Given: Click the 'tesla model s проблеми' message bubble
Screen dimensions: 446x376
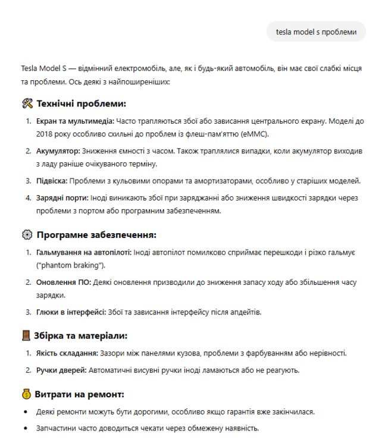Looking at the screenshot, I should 315,32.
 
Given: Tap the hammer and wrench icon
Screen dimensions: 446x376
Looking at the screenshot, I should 26,103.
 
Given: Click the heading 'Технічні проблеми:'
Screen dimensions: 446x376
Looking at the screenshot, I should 82,103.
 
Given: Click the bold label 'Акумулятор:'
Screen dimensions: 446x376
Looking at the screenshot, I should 58,151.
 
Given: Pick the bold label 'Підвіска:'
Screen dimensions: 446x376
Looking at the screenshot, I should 52,180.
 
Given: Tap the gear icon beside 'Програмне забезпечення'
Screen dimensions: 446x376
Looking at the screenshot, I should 26,235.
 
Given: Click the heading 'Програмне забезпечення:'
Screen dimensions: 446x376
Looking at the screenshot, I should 96,235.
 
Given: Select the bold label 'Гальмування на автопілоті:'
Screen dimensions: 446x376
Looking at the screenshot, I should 84,253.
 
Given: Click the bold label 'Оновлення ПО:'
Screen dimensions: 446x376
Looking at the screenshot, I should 64,282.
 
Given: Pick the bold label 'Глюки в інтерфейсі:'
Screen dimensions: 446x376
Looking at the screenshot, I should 71,312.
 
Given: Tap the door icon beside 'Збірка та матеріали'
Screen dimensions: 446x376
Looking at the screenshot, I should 26,336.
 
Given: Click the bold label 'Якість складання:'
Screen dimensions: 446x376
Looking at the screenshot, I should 67,353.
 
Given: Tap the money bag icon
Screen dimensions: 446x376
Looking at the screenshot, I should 26,394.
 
